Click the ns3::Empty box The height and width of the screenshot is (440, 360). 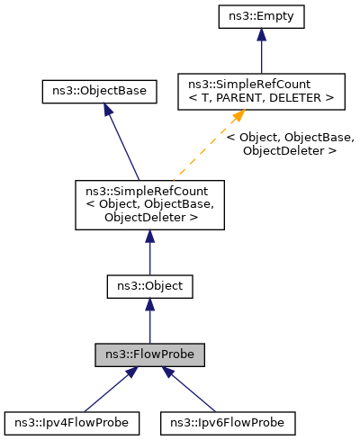[x=260, y=16]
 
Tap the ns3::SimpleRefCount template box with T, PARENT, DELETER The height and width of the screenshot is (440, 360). [x=260, y=91]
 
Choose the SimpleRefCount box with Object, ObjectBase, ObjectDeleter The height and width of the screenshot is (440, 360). [x=149, y=203]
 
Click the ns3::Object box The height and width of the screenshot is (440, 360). [x=149, y=286]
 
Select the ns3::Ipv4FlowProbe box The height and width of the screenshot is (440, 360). [x=71, y=422]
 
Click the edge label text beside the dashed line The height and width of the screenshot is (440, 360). [x=290, y=144]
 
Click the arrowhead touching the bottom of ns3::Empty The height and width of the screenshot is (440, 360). [x=260, y=34]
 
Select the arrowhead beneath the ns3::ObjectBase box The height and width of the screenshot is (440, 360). [x=107, y=110]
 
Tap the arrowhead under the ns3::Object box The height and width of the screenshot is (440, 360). [x=149, y=306]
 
